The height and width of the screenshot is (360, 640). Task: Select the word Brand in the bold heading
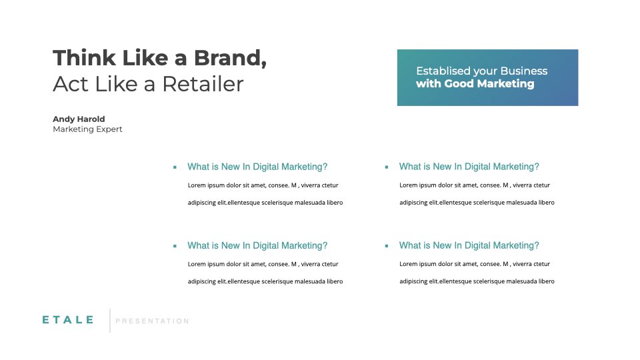227,57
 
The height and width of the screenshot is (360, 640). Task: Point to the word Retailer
203,84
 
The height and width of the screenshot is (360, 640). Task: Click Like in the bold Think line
145,57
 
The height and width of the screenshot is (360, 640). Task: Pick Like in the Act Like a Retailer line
116,84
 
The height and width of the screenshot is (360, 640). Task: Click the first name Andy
64,119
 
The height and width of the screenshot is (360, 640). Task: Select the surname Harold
91,119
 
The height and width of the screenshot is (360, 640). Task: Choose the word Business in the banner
524,71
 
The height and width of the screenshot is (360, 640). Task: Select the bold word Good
459,84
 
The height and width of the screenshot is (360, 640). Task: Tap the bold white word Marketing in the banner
505,84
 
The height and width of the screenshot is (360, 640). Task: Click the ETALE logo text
68,320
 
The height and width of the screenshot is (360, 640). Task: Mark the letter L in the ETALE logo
79,320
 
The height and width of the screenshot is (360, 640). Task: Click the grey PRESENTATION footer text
152,321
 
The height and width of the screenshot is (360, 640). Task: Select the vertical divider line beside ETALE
110,321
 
